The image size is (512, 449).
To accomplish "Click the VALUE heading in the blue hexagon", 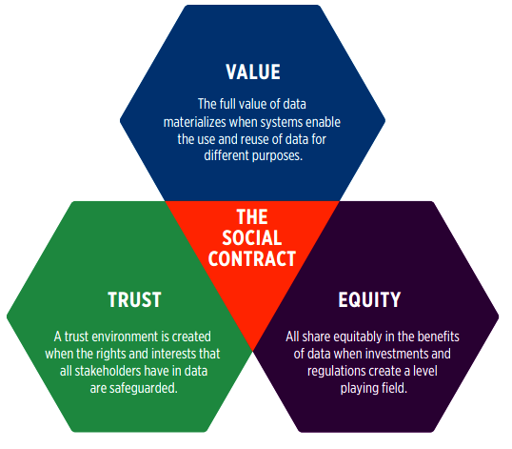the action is [x=253, y=71].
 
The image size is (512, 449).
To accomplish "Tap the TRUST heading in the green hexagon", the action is [x=134, y=299].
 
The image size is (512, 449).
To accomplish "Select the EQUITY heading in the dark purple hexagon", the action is [x=369, y=299].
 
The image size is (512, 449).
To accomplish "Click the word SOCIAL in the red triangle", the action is [x=252, y=237].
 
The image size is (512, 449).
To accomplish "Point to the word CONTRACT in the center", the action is [x=252, y=258].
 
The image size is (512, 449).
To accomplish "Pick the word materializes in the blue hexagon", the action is [x=194, y=122].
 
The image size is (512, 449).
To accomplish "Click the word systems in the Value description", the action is [x=282, y=123].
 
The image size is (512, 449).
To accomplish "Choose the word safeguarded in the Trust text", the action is [x=143, y=389].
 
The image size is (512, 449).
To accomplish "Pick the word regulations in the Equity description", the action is [x=336, y=372].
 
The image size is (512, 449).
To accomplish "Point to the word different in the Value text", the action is [x=226, y=155].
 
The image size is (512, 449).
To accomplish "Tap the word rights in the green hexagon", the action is [x=111, y=355].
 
